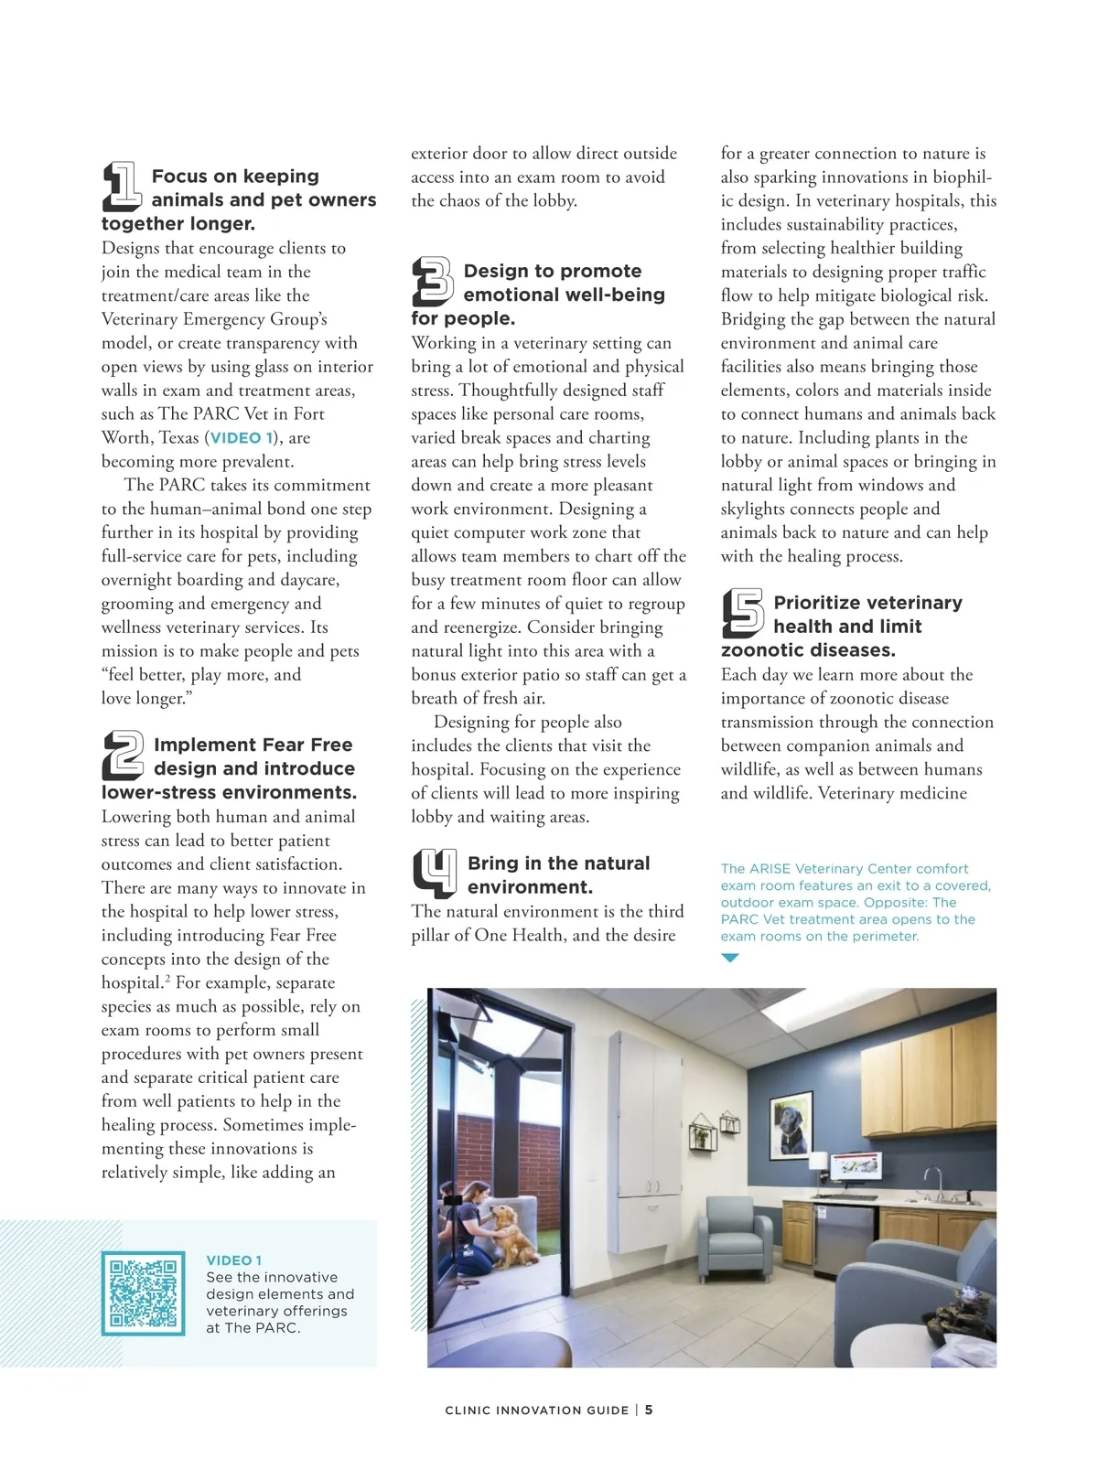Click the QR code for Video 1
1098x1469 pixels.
pos(143,1293)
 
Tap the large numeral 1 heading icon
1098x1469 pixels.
pos(121,186)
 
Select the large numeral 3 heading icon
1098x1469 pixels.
pos(432,282)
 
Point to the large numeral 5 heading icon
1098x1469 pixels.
pos(742,613)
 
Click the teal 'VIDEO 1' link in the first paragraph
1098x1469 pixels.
pos(242,438)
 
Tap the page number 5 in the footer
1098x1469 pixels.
pos(649,1410)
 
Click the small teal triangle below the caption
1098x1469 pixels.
pos(729,958)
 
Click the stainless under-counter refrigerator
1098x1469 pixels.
pos(843,1239)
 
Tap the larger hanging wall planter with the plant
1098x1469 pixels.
pos(703,1134)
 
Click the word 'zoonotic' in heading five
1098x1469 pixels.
pos(766,650)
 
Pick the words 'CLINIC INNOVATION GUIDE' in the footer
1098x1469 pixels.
pos(536,1410)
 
